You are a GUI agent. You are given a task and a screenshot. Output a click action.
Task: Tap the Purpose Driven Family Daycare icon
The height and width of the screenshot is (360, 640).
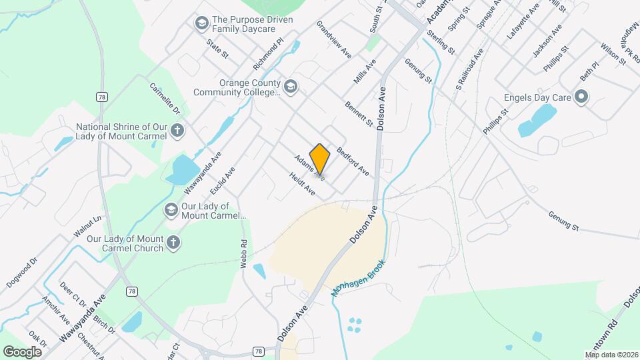(x=201, y=24)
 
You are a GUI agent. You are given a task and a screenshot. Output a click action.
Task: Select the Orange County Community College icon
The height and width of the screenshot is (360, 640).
(x=290, y=87)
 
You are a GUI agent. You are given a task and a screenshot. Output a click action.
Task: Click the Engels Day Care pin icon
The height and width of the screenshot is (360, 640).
(x=581, y=97)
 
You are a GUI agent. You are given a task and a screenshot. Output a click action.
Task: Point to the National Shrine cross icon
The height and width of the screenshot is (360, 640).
(x=177, y=130)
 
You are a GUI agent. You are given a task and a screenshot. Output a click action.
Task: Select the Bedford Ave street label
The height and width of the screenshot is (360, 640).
(x=353, y=162)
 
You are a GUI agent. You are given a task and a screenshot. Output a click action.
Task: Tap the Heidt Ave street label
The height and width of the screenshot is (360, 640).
(x=302, y=184)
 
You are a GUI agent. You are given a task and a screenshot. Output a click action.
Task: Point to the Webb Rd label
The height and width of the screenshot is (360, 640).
(x=244, y=254)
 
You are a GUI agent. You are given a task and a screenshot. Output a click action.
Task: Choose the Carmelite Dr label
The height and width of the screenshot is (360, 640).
(x=165, y=99)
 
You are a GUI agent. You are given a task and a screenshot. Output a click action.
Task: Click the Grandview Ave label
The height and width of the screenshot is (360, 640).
(x=334, y=39)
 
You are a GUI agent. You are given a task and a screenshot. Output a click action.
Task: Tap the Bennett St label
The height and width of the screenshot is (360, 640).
(x=359, y=113)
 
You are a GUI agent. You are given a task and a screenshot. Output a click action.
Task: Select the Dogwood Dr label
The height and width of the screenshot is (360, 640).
(x=24, y=273)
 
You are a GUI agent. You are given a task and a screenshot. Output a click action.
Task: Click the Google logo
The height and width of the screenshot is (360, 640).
(x=23, y=351)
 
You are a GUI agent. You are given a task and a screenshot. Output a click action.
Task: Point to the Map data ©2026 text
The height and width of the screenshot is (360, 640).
(x=611, y=355)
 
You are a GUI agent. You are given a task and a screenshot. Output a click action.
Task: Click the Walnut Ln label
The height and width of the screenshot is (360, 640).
(x=87, y=227)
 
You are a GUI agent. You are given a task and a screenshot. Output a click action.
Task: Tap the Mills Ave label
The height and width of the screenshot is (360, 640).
(x=365, y=71)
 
